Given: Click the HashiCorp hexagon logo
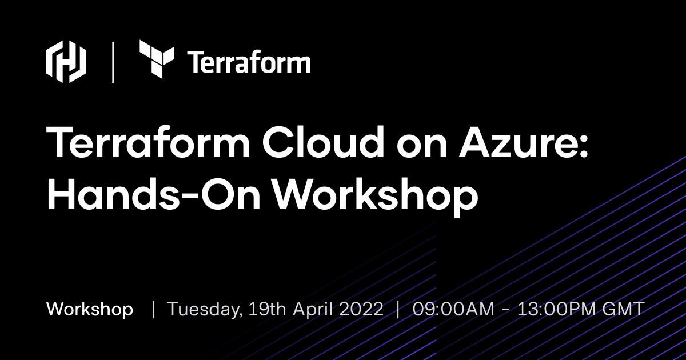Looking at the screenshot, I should (x=66, y=62).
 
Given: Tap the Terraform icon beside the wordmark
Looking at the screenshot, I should (x=157, y=59).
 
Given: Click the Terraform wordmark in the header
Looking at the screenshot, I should (x=249, y=62).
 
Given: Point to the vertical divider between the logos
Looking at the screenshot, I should (x=113, y=62).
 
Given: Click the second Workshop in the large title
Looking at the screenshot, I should (x=374, y=193).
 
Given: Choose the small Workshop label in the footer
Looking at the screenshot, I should (x=90, y=309).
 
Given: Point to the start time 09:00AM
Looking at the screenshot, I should (x=453, y=309).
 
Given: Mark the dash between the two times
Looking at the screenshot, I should (x=505, y=310).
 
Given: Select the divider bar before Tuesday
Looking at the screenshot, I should (x=153, y=309).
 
